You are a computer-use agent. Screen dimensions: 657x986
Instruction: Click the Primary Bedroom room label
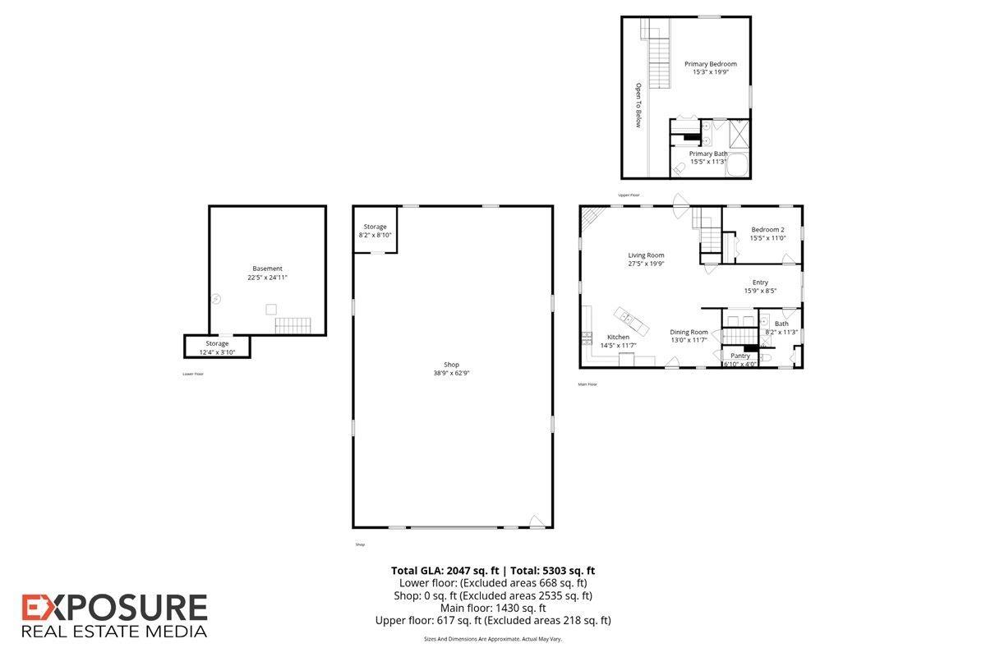pos(711,64)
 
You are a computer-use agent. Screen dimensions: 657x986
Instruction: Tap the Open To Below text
pos(637,105)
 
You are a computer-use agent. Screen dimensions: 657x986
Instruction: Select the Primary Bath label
pos(707,154)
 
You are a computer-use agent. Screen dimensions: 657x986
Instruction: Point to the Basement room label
pos(267,269)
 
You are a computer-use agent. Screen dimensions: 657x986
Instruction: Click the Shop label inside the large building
pos(451,365)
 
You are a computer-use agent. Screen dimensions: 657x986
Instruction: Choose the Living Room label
pos(646,255)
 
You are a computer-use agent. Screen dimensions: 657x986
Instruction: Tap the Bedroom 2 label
pos(767,230)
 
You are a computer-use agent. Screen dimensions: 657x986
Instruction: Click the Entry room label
pos(760,283)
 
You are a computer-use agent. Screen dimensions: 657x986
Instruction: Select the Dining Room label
pos(689,332)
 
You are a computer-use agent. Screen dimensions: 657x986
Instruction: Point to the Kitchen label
pos(618,337)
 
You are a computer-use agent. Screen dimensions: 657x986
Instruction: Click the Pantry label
pos(740,356)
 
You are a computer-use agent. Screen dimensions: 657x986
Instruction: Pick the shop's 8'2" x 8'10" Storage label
pos(375,227)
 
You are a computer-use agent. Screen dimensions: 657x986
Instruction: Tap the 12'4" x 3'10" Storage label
pos(217,343)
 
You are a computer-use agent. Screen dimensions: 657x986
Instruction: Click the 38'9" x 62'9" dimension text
pos(451,373)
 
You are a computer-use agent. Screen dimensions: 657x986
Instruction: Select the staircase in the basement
pos(293,325)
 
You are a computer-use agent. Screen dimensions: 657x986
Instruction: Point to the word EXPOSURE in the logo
pos(114,608)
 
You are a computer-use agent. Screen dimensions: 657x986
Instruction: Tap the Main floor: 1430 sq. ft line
pos(493,609)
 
